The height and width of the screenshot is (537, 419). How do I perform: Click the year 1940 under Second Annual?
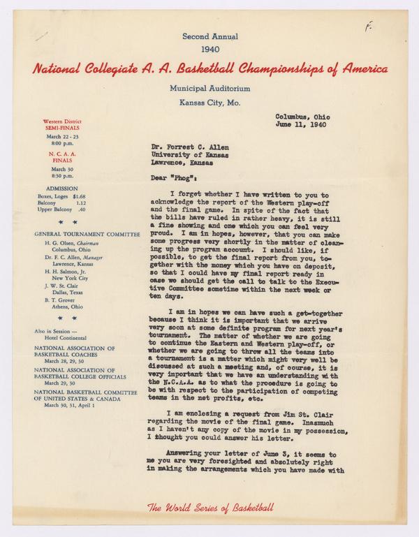tap(209, 50)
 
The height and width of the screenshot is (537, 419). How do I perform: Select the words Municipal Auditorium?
tap(209, 89)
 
